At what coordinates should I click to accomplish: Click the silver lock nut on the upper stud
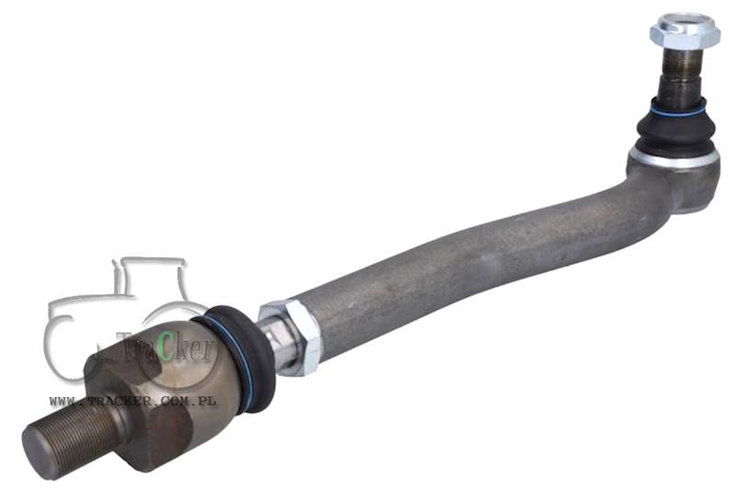(685, 30)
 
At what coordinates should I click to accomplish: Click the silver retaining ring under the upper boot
(673, 158)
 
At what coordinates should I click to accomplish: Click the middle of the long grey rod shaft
(469, 263)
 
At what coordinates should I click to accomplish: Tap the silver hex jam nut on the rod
(292, 337)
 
